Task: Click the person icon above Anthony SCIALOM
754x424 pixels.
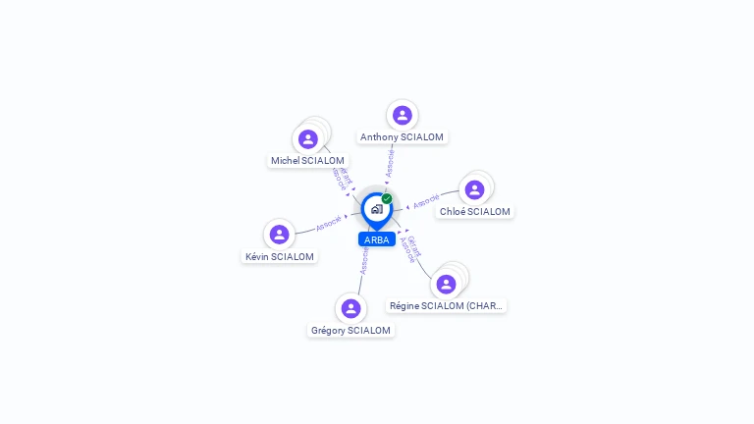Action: click(402, 115)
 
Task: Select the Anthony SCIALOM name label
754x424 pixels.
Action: click(402, 137)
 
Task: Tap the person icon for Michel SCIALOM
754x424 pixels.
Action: click(308, 139)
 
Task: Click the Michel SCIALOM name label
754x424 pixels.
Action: click(308, 161)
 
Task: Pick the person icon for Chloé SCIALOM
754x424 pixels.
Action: click(475, 189)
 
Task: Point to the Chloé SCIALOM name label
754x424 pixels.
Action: click(475, 212)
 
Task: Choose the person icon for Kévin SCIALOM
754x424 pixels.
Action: click(280, 235)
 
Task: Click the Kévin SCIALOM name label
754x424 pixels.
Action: click(280, 257)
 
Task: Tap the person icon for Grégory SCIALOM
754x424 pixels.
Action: click(350, 308)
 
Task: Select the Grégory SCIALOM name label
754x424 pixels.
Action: click(350, 331)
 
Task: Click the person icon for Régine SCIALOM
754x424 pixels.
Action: click(447, 284)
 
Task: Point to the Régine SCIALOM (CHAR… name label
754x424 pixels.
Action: click(447, 306)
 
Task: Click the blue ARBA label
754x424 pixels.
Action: click(377, 239)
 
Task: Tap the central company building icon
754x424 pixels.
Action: click(376, 209)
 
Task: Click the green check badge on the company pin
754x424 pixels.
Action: click(387, 198)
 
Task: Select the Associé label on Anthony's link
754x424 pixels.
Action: click(390, 163)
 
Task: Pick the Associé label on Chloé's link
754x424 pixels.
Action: click(426, 202)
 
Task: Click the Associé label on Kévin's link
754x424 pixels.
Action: click(328, 224)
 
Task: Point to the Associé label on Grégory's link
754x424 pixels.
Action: click(364, 260)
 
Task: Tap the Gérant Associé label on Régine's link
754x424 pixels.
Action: click(411, 248)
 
